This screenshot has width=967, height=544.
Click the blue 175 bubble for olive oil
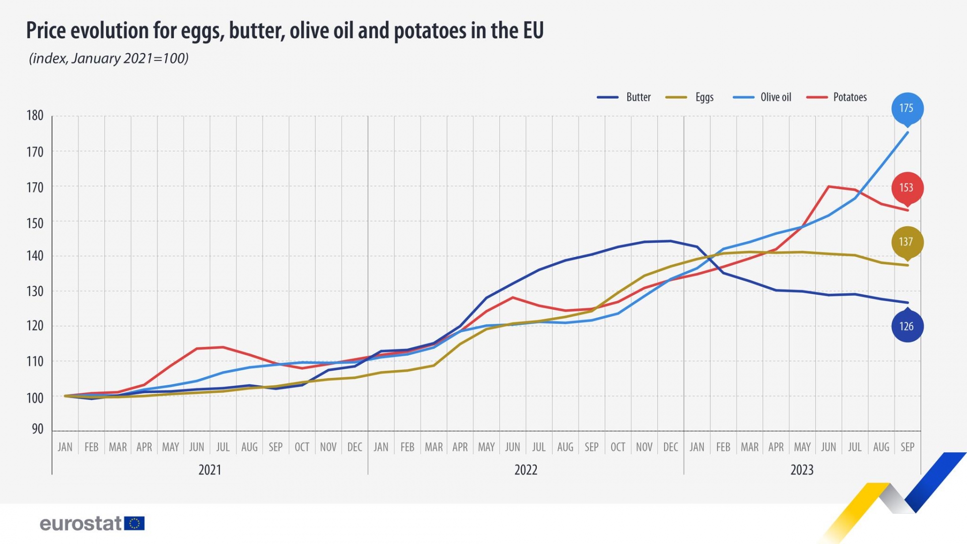point(907,108)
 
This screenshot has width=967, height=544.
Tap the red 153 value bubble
point(907,188)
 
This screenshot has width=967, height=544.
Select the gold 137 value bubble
point(907,242)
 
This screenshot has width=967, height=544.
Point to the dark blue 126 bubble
point(907,326)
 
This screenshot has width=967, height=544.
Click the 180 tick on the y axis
point(35,115)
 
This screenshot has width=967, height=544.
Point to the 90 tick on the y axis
point(38,429)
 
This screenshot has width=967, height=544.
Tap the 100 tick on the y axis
point(35,398)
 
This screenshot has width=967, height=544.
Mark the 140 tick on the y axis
point(35,256)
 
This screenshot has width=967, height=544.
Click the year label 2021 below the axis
point(210,470)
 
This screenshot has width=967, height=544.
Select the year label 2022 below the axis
point(526,470)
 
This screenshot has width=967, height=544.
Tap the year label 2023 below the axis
point(802,470)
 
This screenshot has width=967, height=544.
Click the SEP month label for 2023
point(907,447)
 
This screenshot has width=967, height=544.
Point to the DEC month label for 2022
point(670,447)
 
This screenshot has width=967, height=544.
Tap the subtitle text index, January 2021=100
point(109,58)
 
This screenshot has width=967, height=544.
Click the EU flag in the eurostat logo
point(134,523)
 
